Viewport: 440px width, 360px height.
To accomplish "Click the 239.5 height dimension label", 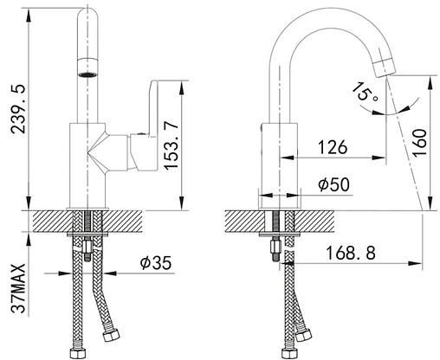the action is pyautogui.click(x=18, y=109).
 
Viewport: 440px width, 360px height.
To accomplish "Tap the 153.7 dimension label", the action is pyautogui.click(x=170, y=145).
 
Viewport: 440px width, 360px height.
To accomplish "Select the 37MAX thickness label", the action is pyautogui.click(x=18, y=288).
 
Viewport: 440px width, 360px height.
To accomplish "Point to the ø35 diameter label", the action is pyautogui.click(x=156, y=262).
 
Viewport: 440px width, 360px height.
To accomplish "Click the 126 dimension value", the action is pyautogui.click(x=333, y=147).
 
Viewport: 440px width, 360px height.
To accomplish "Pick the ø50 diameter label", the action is pyautogui.click(x=333, y=184).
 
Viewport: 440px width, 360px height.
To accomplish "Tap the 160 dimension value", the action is pyautogui.click(x=419, y=143).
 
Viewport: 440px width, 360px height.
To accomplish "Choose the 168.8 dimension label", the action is pyautogui.click(x=351, y=253).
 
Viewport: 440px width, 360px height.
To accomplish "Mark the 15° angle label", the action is pyautogui.click(x=365, y=92).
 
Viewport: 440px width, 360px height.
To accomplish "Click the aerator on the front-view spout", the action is pyautogui.click(x=87, y=67).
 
